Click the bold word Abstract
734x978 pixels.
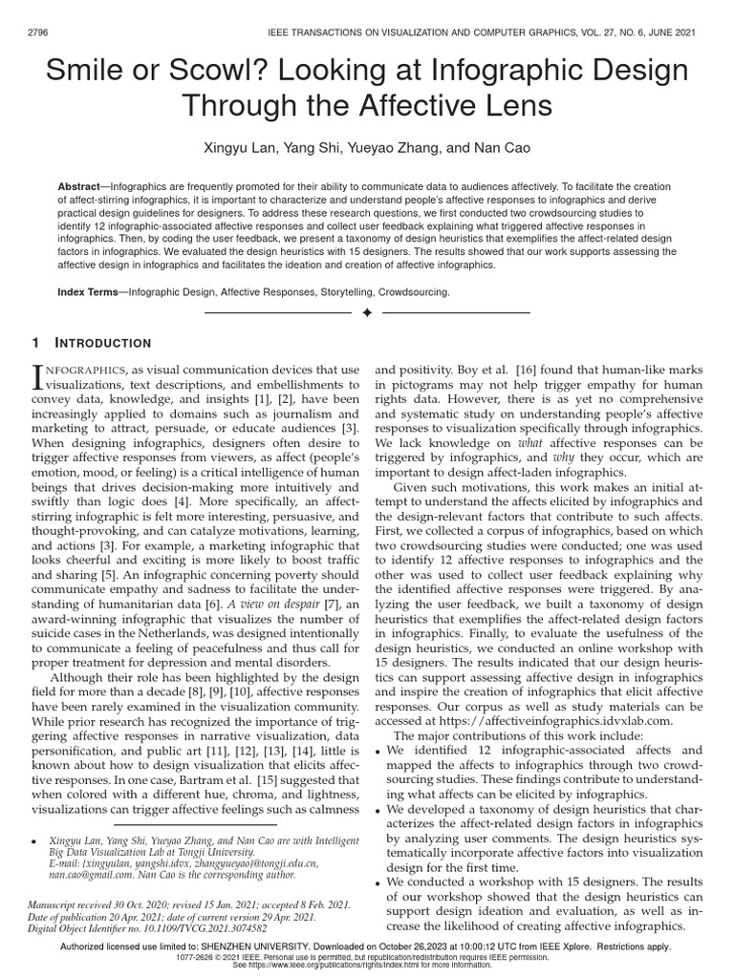(x=82, y=186)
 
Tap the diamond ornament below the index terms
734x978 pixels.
(x=367, y=312)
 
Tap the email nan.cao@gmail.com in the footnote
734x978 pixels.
(x=84, y=874)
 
